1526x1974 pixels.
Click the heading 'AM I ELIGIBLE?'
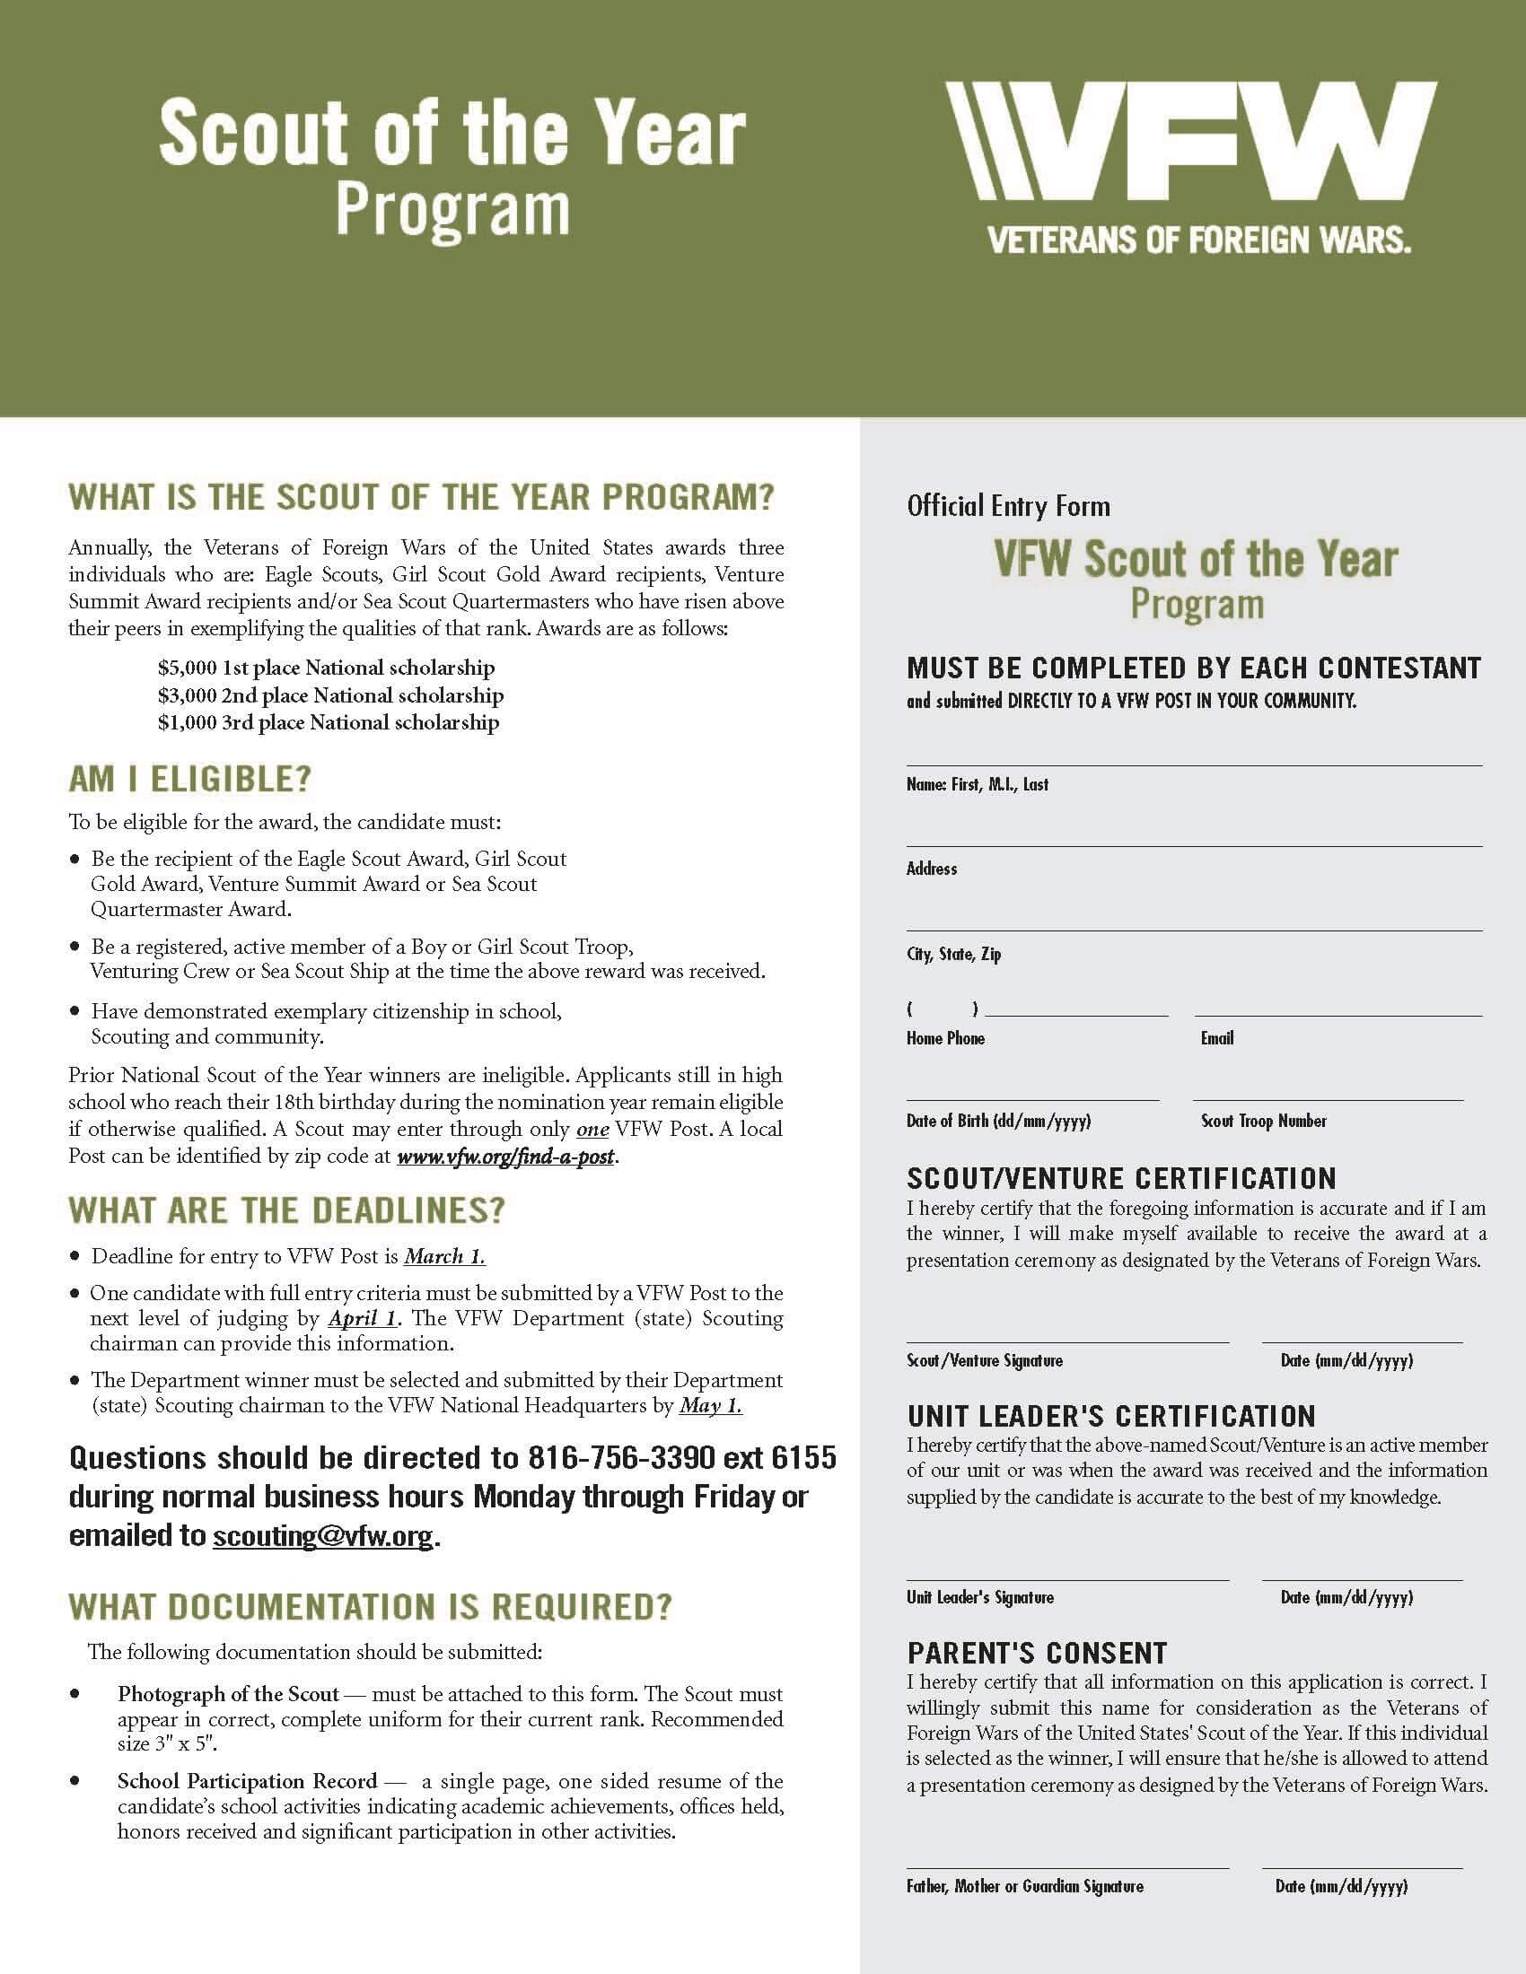(189, 779)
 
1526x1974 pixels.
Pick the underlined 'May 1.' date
(711, 1405)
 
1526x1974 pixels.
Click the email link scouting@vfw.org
(323, 1536)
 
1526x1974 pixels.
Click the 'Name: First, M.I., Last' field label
(978, 784)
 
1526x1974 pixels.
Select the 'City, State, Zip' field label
(953, 955)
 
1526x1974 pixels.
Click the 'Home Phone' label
(945, 1038)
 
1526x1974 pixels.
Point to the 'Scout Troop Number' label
(1263, 1121)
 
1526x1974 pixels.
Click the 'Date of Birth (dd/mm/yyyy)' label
(998, 1121)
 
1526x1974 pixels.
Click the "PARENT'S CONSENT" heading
(1037, 1653)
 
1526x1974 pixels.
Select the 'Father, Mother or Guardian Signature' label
(1024, 1886)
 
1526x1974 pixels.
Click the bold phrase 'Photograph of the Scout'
(228, 1694)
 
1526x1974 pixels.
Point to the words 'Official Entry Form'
(1008, 506)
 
